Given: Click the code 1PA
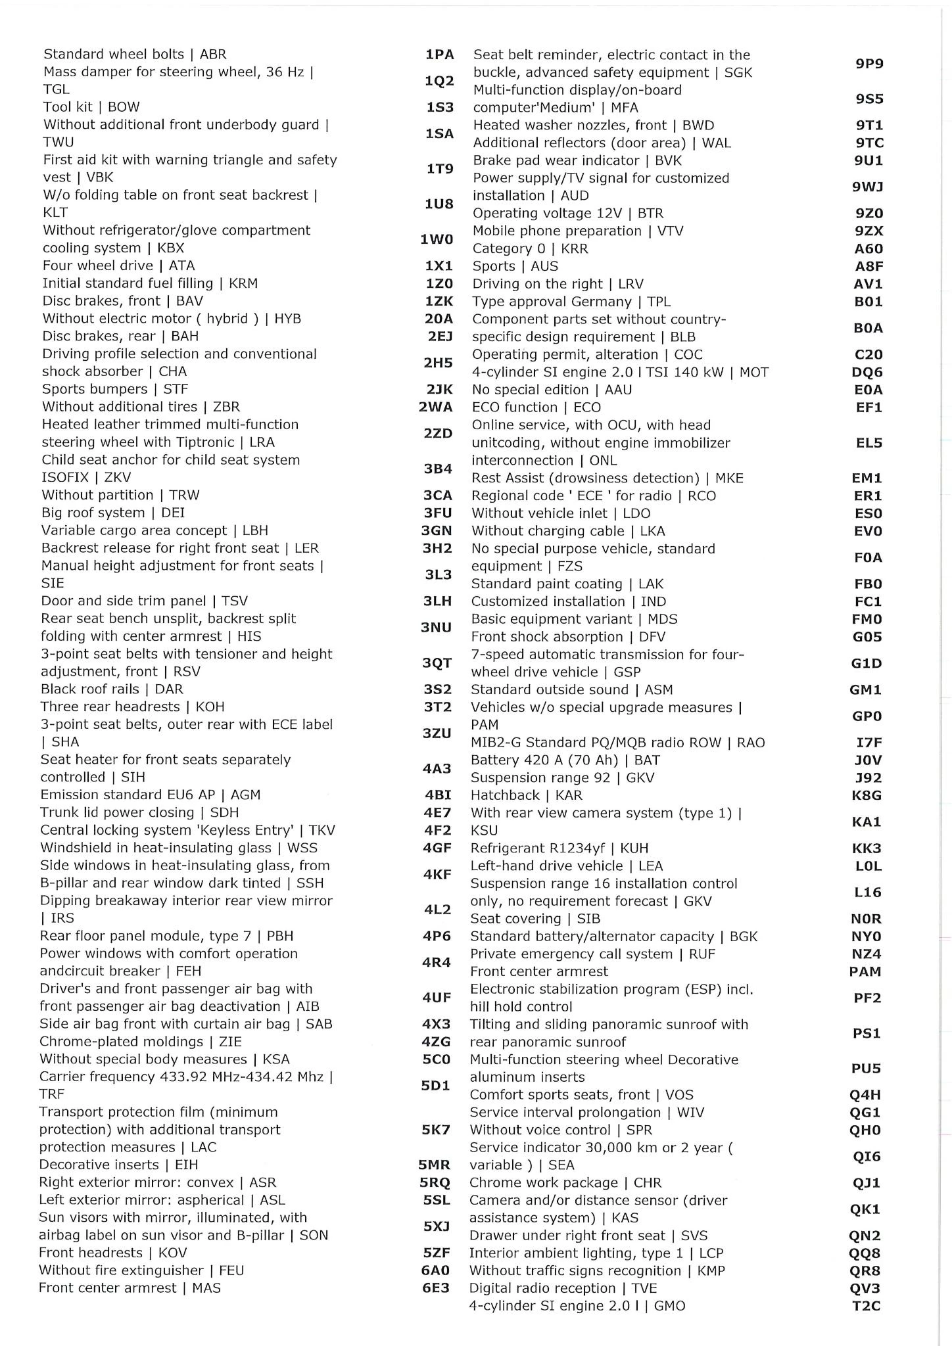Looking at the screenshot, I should [439, 55].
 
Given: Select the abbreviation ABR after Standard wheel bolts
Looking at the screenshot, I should [213, 55].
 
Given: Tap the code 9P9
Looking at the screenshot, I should [869, 64].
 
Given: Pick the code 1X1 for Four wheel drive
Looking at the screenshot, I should [439, 266].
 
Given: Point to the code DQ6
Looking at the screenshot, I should [867, 372].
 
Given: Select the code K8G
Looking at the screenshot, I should [867, 795].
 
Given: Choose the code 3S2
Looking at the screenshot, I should [438, 689].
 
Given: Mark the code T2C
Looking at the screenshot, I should [866, 1305].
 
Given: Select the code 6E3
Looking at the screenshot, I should [436, 1288].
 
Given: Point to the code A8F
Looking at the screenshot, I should [869, 266].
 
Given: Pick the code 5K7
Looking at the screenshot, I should [436, 1129].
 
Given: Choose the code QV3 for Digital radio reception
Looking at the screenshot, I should [865, 1288].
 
